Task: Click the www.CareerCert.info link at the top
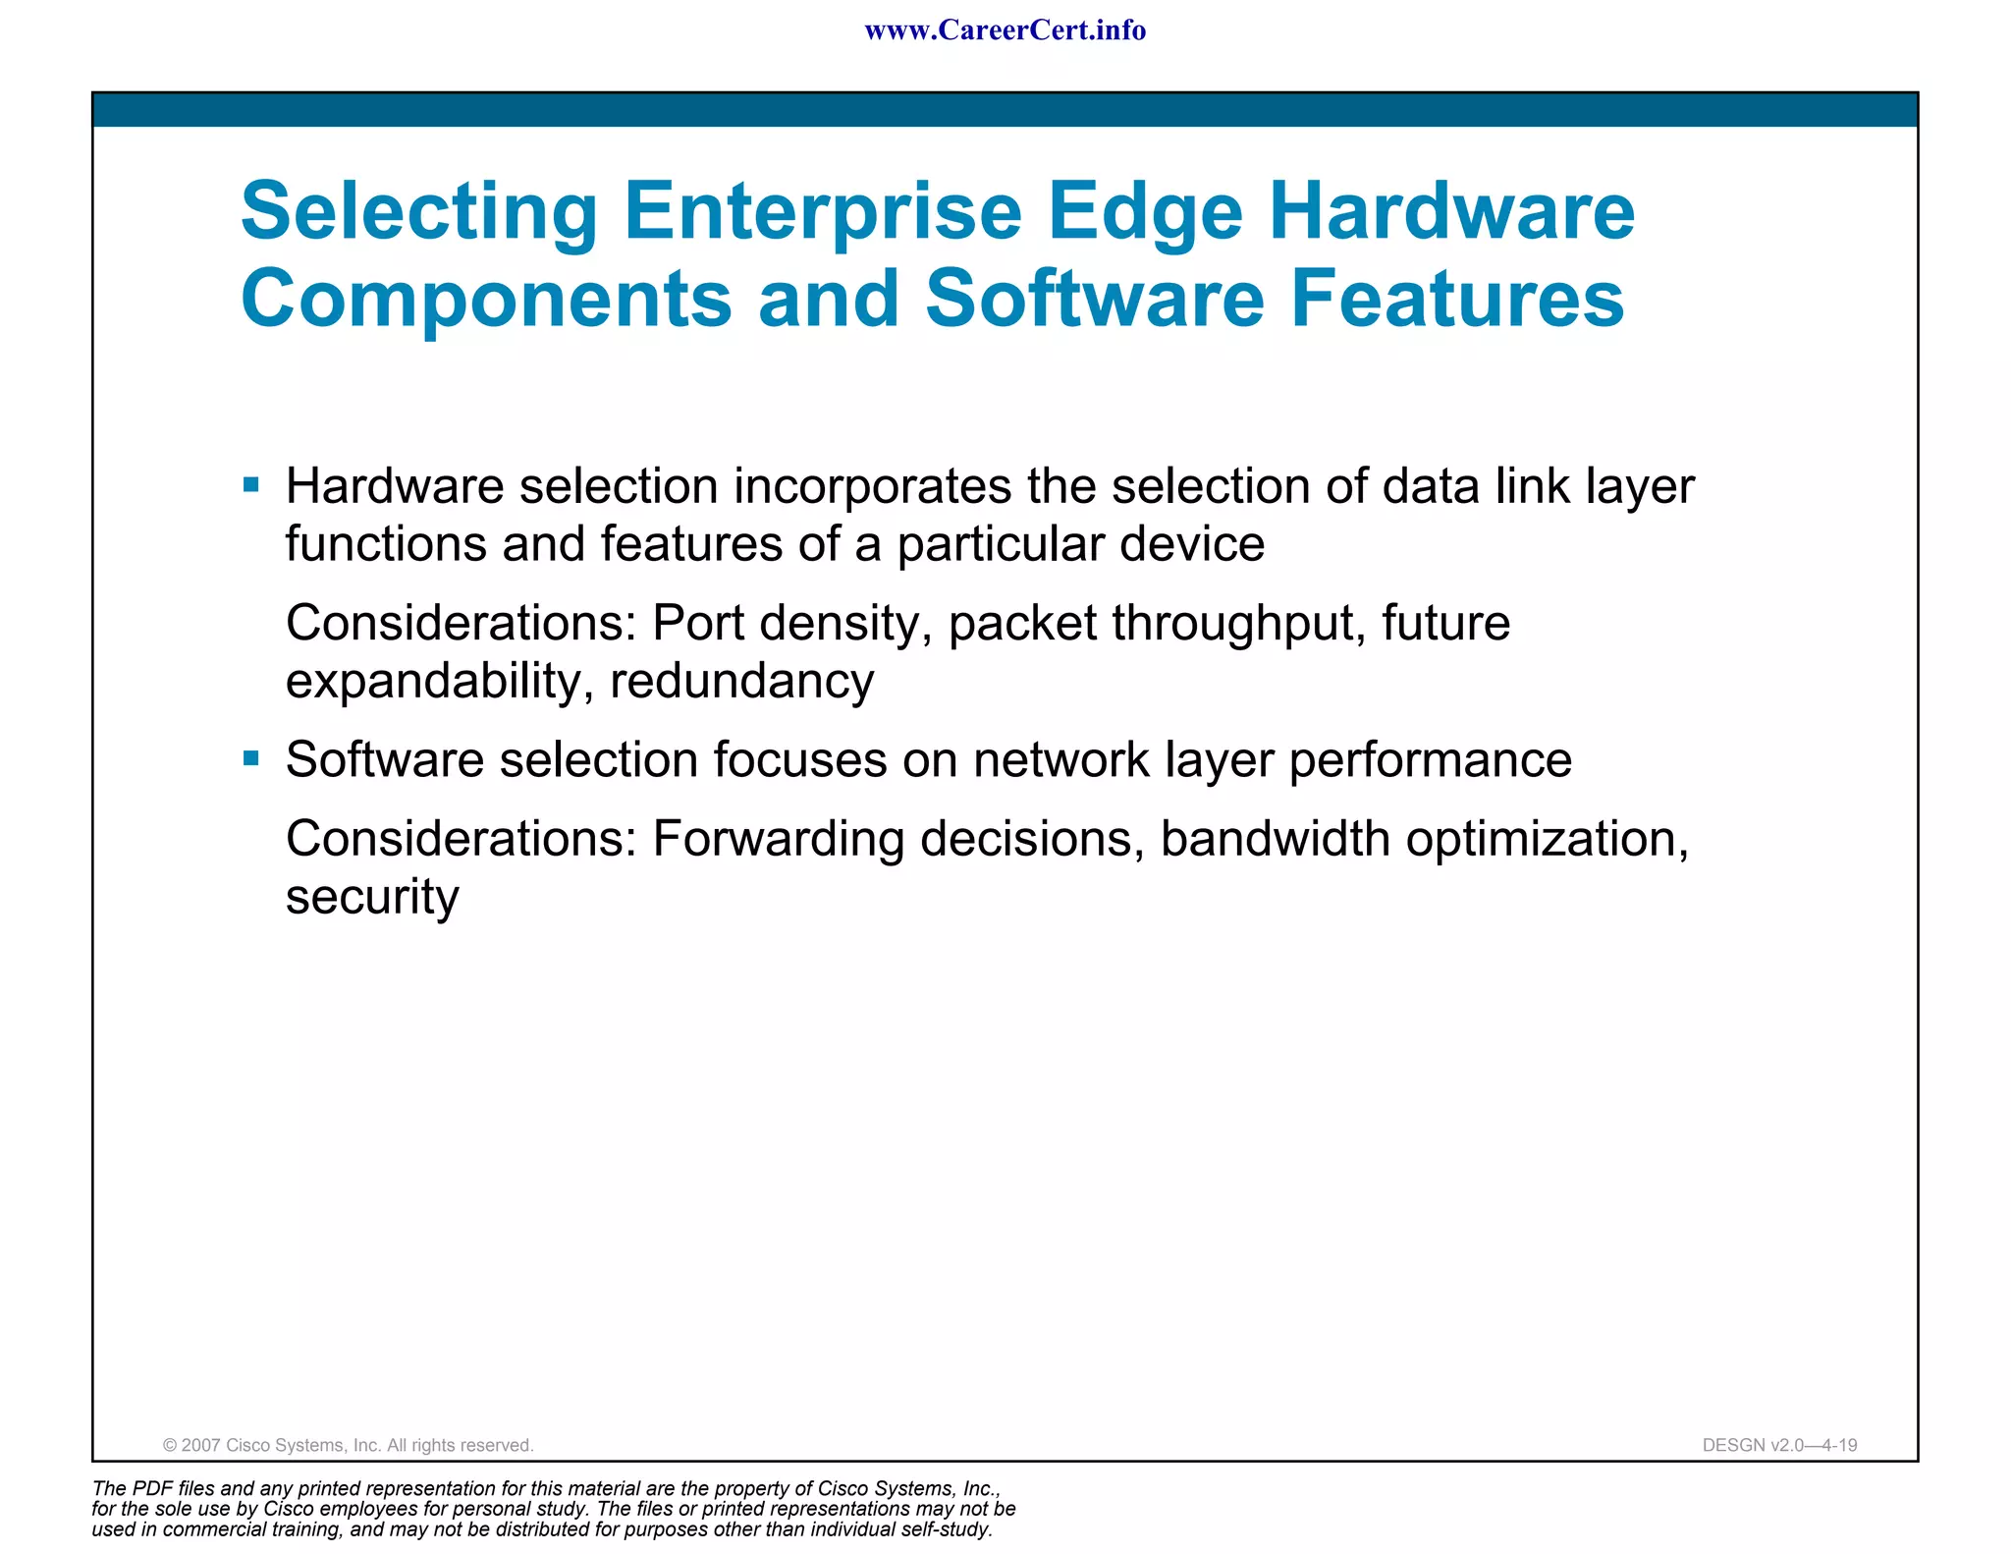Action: click(1005, 30)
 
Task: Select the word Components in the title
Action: click(486, 299)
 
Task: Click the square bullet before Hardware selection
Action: click(251, 484)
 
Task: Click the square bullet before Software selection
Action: click(251, 758)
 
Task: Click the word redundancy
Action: click(741, 682)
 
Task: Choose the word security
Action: click(372, 897)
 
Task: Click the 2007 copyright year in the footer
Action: click(200, 1445)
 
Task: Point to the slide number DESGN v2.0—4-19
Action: click(1779, 1445)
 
